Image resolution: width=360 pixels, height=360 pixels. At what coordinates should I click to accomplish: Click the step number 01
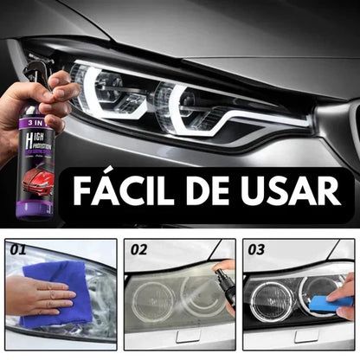pyautogui.click(x=17, y=250)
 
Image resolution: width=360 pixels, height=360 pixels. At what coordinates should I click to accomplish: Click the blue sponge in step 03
pyautogui.click(x=333, y=302)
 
